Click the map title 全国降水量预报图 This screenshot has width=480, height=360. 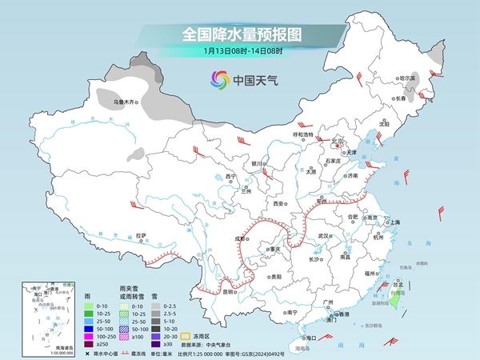point(239,34)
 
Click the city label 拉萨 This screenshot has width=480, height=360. point(141,235)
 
